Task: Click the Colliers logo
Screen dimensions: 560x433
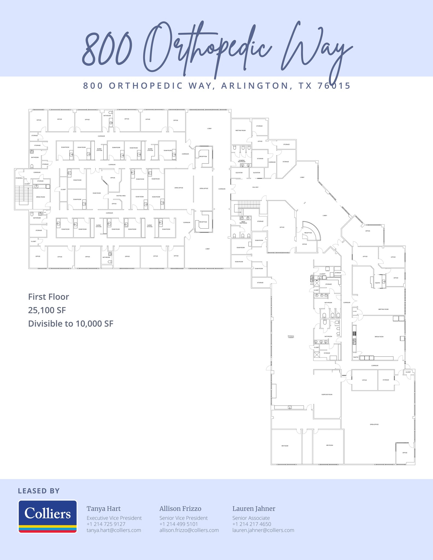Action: tap(48, 516)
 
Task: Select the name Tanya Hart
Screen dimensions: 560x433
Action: tap(103, 509)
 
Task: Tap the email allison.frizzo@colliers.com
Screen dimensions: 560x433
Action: tap(189, 530)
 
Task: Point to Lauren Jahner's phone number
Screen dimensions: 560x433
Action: tap(252, 524)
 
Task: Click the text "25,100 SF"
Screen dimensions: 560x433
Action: tap(47, 310)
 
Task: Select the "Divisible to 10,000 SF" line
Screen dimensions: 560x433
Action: tap(71, 323)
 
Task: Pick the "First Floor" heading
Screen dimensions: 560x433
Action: tap(48, 297)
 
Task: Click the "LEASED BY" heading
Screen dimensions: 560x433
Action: tap(39, 491)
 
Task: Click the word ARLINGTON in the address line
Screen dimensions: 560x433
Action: tap(255, 86)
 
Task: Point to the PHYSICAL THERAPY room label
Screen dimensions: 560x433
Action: tap(291, 337)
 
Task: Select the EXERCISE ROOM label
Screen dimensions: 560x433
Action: tap(327, 394)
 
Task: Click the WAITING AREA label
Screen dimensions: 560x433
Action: tap(121, 196)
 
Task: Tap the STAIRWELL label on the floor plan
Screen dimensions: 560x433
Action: tap(19, 178)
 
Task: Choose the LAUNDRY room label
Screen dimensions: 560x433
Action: tap(322, 274)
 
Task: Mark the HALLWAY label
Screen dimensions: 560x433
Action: tap(255, 187)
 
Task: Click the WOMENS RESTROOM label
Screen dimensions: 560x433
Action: tap(242, 161)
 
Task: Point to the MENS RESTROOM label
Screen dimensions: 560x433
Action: tap(243, 222)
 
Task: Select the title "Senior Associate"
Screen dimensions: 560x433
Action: tap(251, 518)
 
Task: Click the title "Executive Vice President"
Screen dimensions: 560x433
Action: tap(114, 518)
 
